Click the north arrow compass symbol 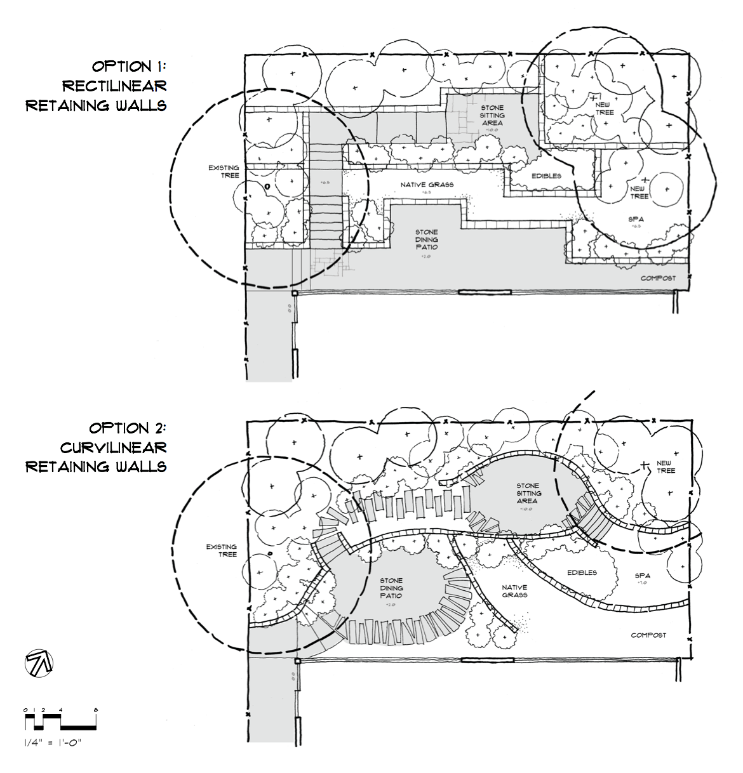click(x=39, y=664)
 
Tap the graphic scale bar click(x=60, y=721)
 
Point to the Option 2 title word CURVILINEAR click(x=114, y=447)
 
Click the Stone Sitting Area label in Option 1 click(x=493, y=116)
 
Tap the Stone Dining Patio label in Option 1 click(x=426, y=239)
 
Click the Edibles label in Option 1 click(x=546, y=175)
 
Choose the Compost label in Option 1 click(x=658, y=278)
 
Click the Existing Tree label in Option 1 click(x=224, y=171)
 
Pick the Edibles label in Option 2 click(x=582, y=572)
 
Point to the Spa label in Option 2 click(x=643, y=576)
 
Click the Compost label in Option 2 click(x=648, y=635)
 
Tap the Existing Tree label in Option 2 click(x=221, y=550)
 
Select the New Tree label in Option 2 click(x=666, y=466)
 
